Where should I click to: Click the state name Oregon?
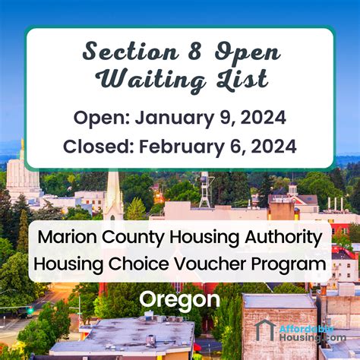pos(179,300)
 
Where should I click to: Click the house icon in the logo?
pos(265,330)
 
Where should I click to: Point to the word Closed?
pos(95,146)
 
